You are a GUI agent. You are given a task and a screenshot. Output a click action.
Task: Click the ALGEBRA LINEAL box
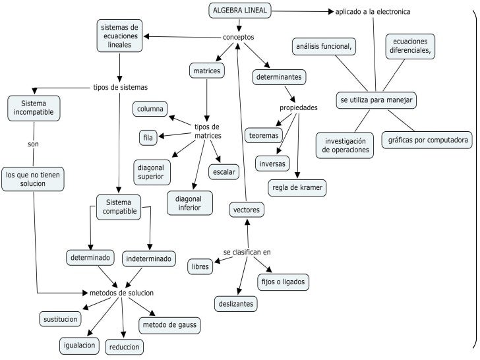pos(239,11)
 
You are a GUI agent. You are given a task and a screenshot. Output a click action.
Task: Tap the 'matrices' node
pos(207,70)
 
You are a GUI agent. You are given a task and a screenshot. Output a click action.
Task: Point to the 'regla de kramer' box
pos(297,188)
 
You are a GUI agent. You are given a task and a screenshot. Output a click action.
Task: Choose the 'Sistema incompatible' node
pos(34,109)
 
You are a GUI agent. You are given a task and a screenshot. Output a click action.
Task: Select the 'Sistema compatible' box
pos(119,206)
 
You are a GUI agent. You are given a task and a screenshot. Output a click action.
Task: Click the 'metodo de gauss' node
pos(169,325)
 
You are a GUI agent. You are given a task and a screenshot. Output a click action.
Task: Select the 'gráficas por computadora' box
pos(427,140)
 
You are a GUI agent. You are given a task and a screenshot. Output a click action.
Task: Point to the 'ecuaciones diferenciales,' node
pos(410,45)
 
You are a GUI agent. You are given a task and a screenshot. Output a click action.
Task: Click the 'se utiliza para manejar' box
pos(376,100)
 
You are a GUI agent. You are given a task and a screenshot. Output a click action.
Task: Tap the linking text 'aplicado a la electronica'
pos(373,12)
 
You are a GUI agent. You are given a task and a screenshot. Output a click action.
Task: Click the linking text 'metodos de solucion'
pos(121,292)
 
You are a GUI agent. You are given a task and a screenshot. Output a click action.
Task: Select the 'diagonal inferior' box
pos(190,203)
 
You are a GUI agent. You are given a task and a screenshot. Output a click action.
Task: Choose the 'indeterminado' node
pos(149,258)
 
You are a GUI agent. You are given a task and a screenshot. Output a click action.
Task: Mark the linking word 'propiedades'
pos(299,107)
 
